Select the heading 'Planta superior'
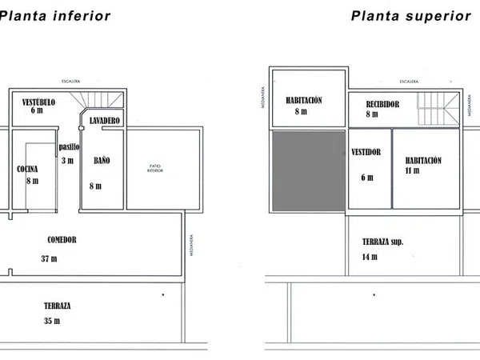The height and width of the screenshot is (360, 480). (410, 15)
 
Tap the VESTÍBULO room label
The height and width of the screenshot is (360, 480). (38, 102)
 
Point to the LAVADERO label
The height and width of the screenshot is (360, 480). (105, 120)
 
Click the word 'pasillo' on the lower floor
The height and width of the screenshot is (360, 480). (69, 146)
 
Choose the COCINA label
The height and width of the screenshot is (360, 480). (28, 169)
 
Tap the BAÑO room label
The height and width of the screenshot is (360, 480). (102, 160)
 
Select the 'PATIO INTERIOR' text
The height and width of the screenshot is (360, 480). (155, 169)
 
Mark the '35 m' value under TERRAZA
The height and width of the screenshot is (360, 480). (52, 321)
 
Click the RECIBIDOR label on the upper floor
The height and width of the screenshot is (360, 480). (382, 104)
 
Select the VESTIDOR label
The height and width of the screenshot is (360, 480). (366, 151)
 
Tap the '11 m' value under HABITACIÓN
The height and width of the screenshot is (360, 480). (413, 171)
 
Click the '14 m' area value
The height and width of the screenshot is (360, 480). (369, 258)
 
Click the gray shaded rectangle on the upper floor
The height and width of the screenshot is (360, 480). (308, 170)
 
